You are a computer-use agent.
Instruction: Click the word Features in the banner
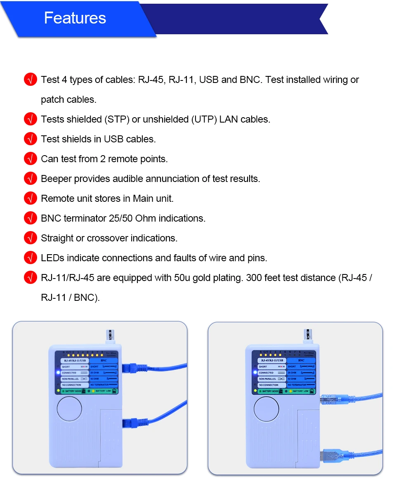coord(75,18)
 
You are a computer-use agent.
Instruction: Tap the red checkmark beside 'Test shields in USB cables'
coord(31,139)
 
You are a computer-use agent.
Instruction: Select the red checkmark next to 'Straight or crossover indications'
coord(31,238)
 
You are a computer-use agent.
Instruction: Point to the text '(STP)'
coord(116,119)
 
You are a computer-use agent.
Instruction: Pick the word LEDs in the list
coord(52,258)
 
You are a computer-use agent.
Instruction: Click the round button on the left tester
coord(70,409)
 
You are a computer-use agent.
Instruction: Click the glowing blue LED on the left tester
coord(58,373)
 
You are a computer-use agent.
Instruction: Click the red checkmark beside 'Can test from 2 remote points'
coord(31,159)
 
